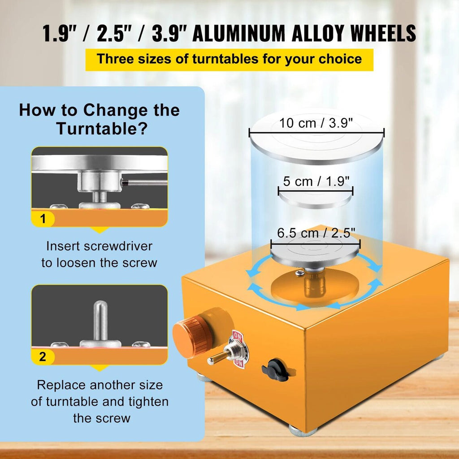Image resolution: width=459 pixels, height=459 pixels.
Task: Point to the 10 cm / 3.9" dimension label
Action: (x=316, y=123)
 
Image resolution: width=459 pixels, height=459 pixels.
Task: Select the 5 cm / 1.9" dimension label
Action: (x=316, y=181)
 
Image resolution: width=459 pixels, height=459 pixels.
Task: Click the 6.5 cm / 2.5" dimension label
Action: (x=316, y=233)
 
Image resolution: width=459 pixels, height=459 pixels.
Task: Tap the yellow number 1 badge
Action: (x=43, y=219)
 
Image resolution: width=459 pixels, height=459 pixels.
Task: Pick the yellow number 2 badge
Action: (x=43, y=356)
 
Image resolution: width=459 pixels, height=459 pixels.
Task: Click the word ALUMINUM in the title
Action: (x=238, y=33)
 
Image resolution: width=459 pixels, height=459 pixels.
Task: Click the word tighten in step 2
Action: (x=148, y=402)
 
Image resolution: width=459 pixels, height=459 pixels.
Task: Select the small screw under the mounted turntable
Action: (x=300, y=273)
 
